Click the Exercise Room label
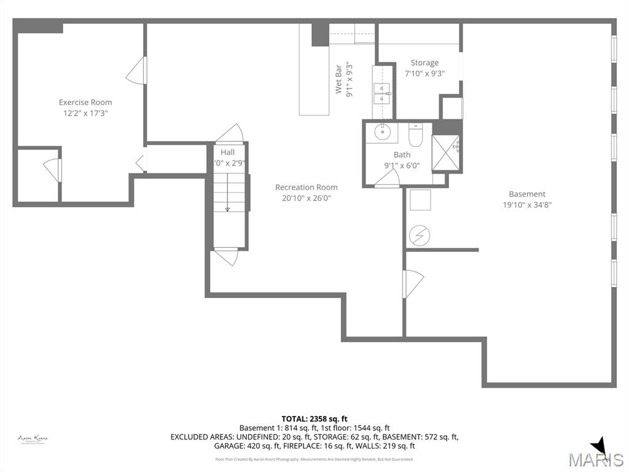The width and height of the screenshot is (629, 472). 85,102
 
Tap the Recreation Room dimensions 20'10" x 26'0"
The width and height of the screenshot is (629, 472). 306,198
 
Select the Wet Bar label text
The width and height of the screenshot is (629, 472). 338,78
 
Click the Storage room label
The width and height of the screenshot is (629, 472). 424,63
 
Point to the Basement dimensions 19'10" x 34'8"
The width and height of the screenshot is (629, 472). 527,205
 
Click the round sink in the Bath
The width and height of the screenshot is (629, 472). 381,131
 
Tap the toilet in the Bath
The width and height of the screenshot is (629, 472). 415,135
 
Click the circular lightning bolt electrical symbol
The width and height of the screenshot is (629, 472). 421,235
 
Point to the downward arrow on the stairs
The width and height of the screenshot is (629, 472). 227,209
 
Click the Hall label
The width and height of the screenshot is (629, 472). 227,152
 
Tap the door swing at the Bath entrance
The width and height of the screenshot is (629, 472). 388,177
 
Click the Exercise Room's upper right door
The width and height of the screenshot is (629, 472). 137,70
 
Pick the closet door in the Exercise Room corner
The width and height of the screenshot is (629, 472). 53,170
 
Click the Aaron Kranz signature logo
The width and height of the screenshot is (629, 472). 33,439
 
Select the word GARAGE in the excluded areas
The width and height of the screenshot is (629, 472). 185,446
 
